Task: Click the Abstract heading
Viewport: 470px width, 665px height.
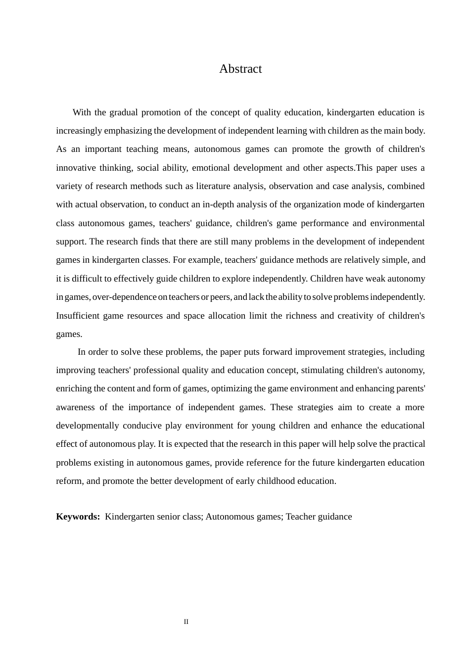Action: [240, 69]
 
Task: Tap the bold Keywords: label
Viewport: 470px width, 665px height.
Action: [78, 517]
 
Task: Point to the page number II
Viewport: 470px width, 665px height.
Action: [186, 622]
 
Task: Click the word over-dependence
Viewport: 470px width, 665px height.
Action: [124, 297]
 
